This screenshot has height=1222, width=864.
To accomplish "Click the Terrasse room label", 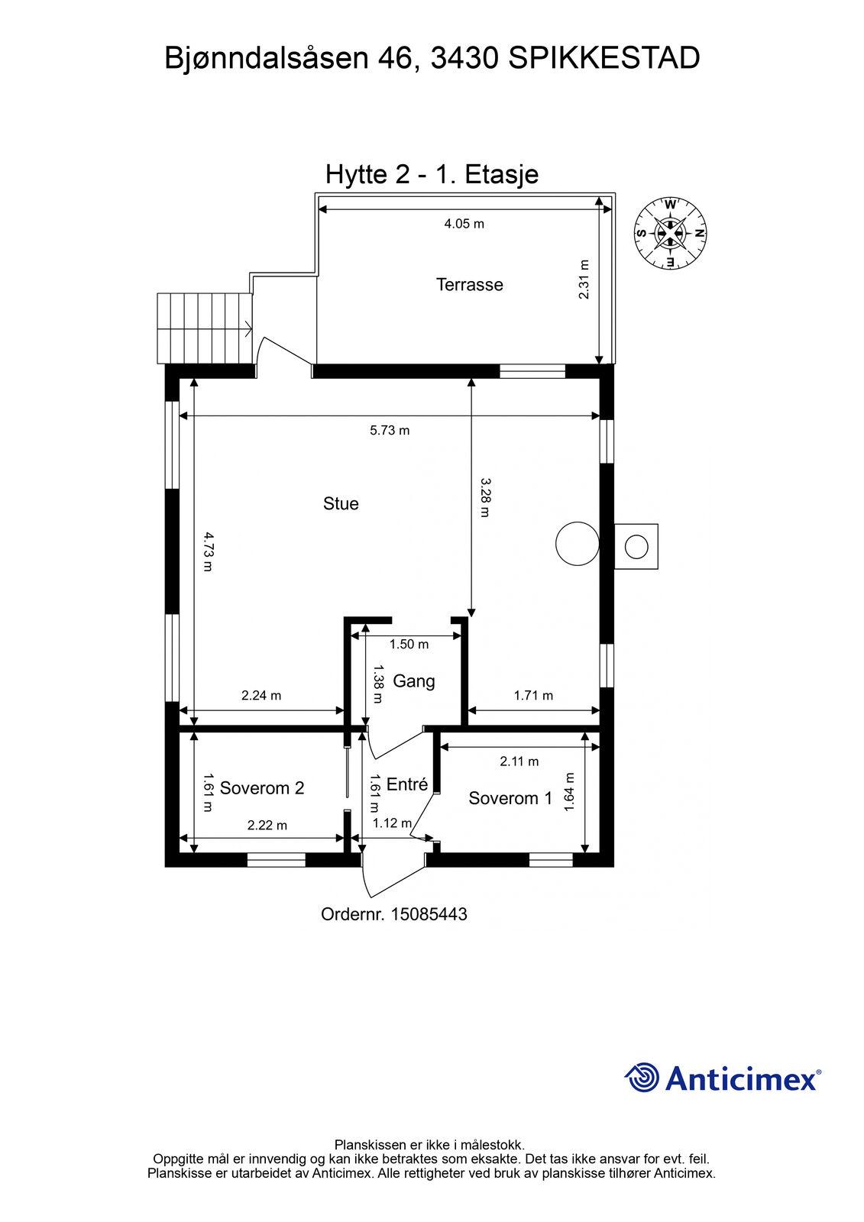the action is tap(469, 285).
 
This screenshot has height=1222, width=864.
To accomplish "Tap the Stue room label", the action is tap(341, 503).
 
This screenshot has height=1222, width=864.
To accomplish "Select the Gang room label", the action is tap(414, 682).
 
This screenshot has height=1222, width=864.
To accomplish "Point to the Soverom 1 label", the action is tap(510, 799).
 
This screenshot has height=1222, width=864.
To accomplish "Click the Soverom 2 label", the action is tap(261, 788).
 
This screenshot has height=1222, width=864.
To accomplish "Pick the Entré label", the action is tap(407, 784).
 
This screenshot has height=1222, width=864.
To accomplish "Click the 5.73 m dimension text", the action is tap(390, 431).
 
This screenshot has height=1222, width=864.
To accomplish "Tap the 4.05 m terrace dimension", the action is tap(464, 225).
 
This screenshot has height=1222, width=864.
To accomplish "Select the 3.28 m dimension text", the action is tap(485, 497).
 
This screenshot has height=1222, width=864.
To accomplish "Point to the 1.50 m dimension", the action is tap(409, 645).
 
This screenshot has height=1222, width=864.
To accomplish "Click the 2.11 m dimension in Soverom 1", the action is tap(519, 761).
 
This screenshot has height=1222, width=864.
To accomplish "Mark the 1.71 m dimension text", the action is tap(533, 696).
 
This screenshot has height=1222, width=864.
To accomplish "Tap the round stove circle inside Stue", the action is tap(578, 543).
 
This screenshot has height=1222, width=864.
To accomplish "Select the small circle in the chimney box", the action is tap(636, 547).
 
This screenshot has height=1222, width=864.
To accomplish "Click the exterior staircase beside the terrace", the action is tap(205, 328).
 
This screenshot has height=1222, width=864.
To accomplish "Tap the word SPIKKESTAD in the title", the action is tap(604, 58).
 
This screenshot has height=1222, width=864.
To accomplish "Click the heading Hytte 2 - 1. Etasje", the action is tap(432, 175).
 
